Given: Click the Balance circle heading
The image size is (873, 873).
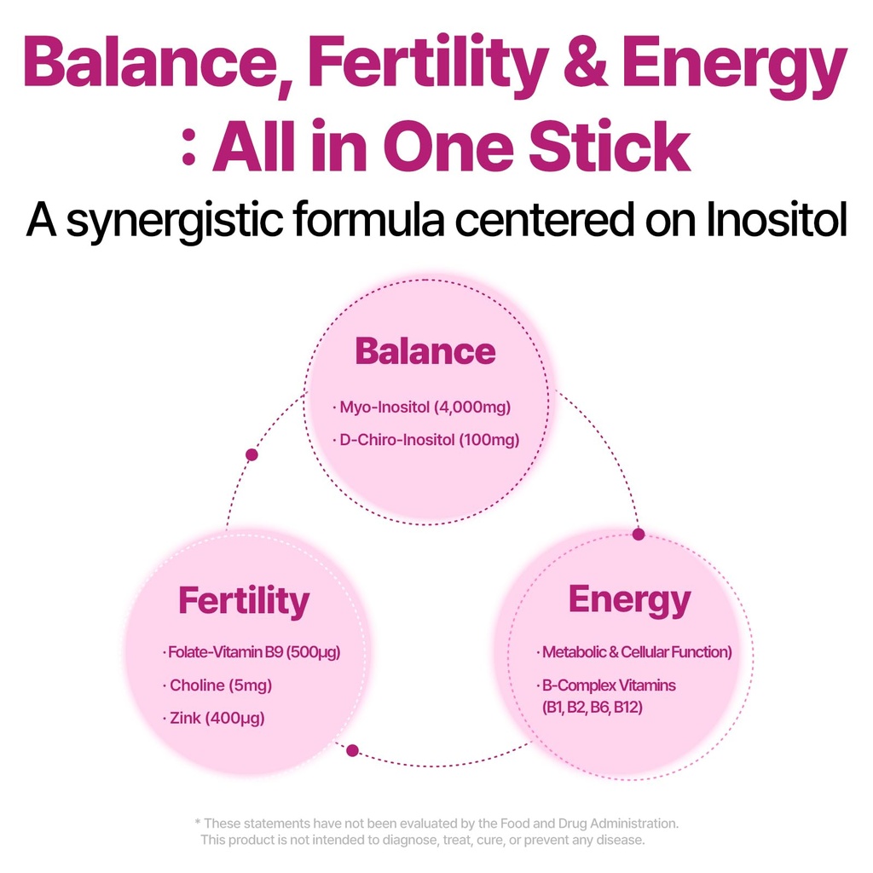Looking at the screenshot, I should [425, 351].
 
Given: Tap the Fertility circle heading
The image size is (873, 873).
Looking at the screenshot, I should [244, 601].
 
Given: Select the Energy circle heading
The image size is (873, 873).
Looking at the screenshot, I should [629, 600].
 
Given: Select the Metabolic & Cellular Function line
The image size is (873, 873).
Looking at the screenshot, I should [636, 653].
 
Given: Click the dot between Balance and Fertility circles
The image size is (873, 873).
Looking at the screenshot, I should [251, 454].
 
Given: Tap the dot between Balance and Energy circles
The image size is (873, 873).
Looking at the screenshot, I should [639, 535].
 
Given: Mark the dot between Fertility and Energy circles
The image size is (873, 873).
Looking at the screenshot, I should [352, 751].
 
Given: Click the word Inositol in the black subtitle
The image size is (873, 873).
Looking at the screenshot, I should [777, 220].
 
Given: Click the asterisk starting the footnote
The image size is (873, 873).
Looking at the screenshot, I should [198, 823].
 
